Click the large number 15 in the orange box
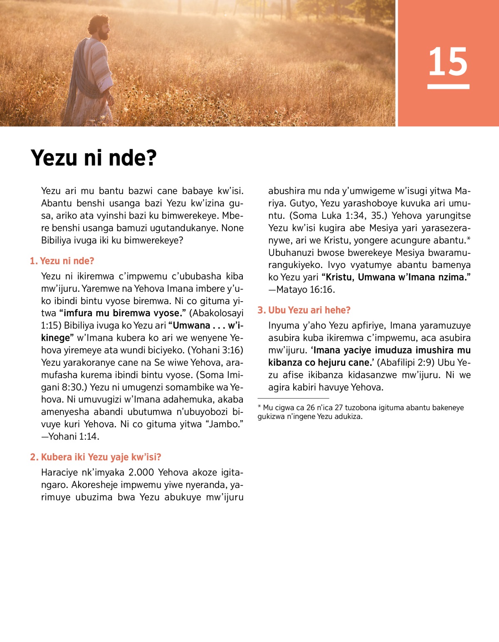448,62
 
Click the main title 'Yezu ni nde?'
94,158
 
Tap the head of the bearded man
100,27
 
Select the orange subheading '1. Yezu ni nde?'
62,261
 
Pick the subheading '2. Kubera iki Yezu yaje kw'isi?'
95,457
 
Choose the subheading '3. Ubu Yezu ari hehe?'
304,310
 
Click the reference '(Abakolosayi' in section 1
216,313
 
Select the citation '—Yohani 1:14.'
70,436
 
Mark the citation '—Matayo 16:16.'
301,290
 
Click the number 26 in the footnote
311,408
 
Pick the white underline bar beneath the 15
448,87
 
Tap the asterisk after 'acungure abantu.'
469,239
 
